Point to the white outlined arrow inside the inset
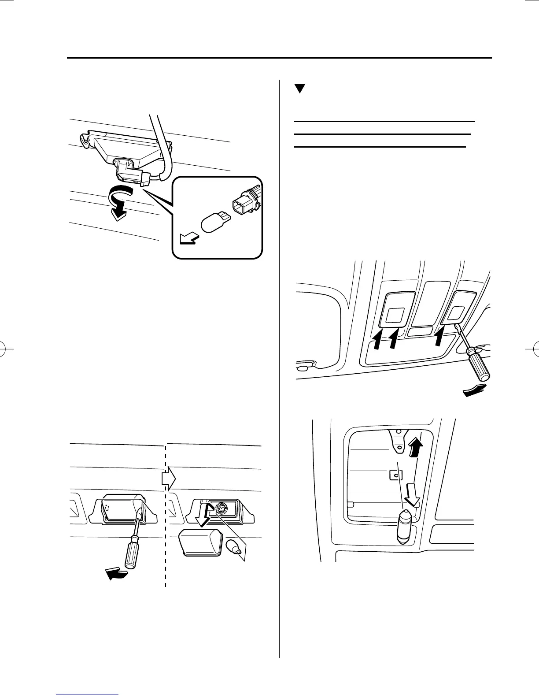click(x=188, y=239)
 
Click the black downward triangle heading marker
click(x=300, y=89)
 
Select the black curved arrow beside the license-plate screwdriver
click(x=117, y=574)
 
